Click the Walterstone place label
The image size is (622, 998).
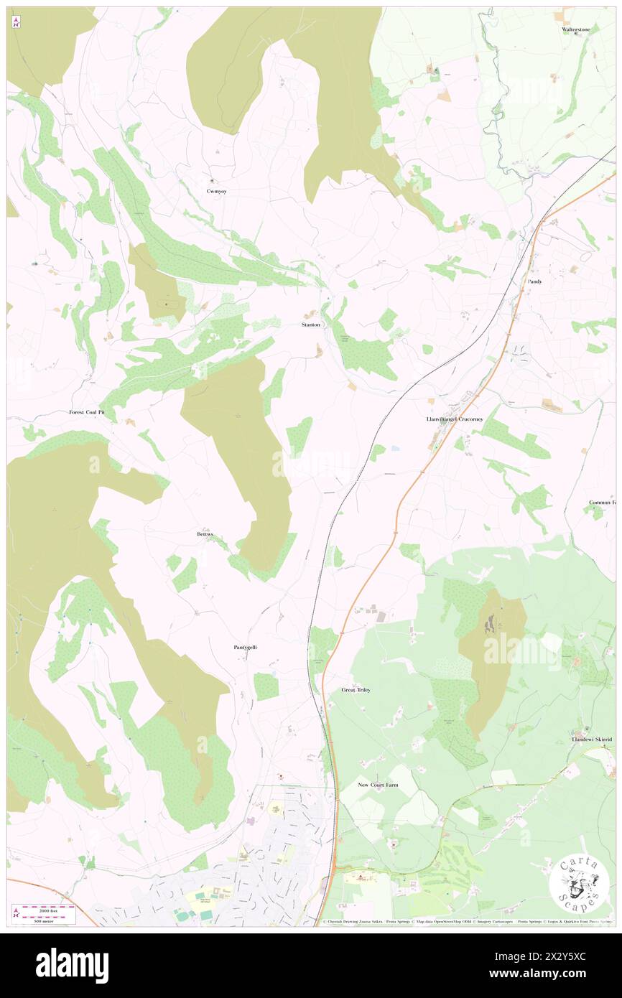point(575,29)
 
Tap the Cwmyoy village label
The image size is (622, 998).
point(216,192)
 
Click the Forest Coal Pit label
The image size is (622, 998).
point(91,413)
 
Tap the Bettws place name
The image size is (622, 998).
point(205,534)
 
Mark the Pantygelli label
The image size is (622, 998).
point(245,647)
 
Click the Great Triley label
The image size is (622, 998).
point(356,690)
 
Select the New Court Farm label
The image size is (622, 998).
point(378,785)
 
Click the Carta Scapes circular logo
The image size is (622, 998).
point(579,882)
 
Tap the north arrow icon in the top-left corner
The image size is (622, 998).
point(16,22)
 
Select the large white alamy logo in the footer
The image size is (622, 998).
point(72,965)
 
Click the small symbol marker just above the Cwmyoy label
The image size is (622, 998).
point(212,180)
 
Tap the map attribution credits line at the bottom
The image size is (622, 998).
point(467,922)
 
